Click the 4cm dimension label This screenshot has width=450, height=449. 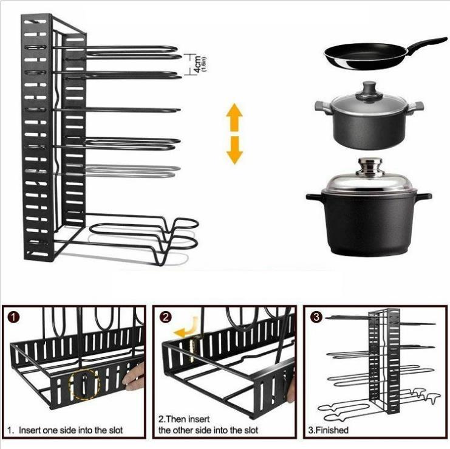tap(198, 65)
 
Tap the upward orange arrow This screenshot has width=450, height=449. tap(234, 117)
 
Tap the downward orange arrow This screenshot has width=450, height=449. tap(235, 150)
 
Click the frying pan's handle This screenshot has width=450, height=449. tap(426, 44)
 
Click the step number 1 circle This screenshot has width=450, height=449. tap(14, 318)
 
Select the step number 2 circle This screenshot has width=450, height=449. tap(165, 318)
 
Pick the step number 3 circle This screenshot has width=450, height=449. tap(316, 318)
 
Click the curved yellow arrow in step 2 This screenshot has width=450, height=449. tap(186, 328)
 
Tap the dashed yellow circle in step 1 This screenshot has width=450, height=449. tap(84, 385)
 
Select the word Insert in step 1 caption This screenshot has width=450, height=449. tap(30, 430)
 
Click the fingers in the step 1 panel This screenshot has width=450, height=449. tap(134, 377)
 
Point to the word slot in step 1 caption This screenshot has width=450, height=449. tap(115, 430)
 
